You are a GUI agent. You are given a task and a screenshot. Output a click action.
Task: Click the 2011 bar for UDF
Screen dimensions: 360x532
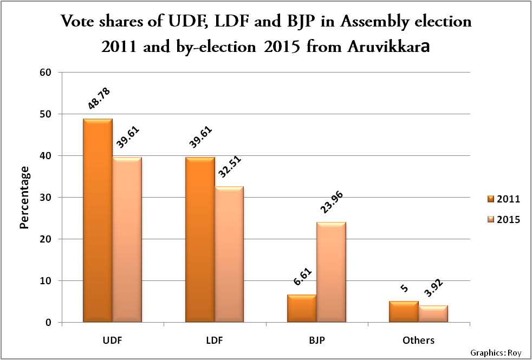point(98,220)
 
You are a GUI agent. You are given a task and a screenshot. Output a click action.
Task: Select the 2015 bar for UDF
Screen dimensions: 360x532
point(127,240)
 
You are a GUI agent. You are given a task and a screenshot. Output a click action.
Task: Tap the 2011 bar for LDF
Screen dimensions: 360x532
point(200,240)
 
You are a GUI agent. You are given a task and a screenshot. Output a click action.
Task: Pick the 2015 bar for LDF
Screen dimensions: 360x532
point(229,254)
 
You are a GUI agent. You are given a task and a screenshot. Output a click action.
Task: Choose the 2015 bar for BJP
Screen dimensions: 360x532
point(331,272)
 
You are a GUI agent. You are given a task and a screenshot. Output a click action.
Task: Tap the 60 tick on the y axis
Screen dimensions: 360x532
point(48,73)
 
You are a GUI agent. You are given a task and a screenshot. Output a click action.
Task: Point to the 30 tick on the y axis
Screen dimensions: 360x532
point(48,198)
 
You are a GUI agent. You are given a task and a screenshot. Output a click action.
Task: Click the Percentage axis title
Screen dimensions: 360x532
point(24,198)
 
